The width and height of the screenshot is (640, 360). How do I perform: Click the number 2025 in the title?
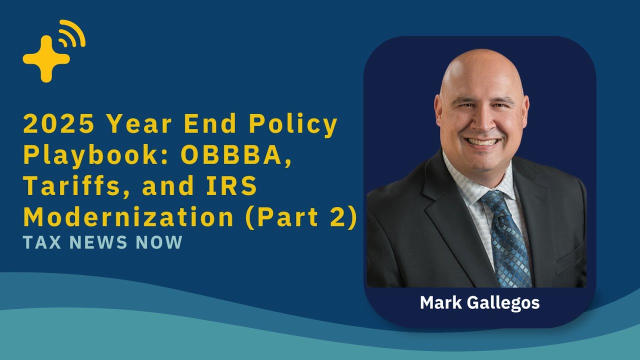(58, 124)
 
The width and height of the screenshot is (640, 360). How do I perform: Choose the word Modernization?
(128, 217)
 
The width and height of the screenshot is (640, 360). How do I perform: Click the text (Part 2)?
(300, 217)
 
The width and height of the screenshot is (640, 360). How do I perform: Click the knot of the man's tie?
(492, 200)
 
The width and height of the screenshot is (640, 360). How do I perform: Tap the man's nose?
(482, 123)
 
